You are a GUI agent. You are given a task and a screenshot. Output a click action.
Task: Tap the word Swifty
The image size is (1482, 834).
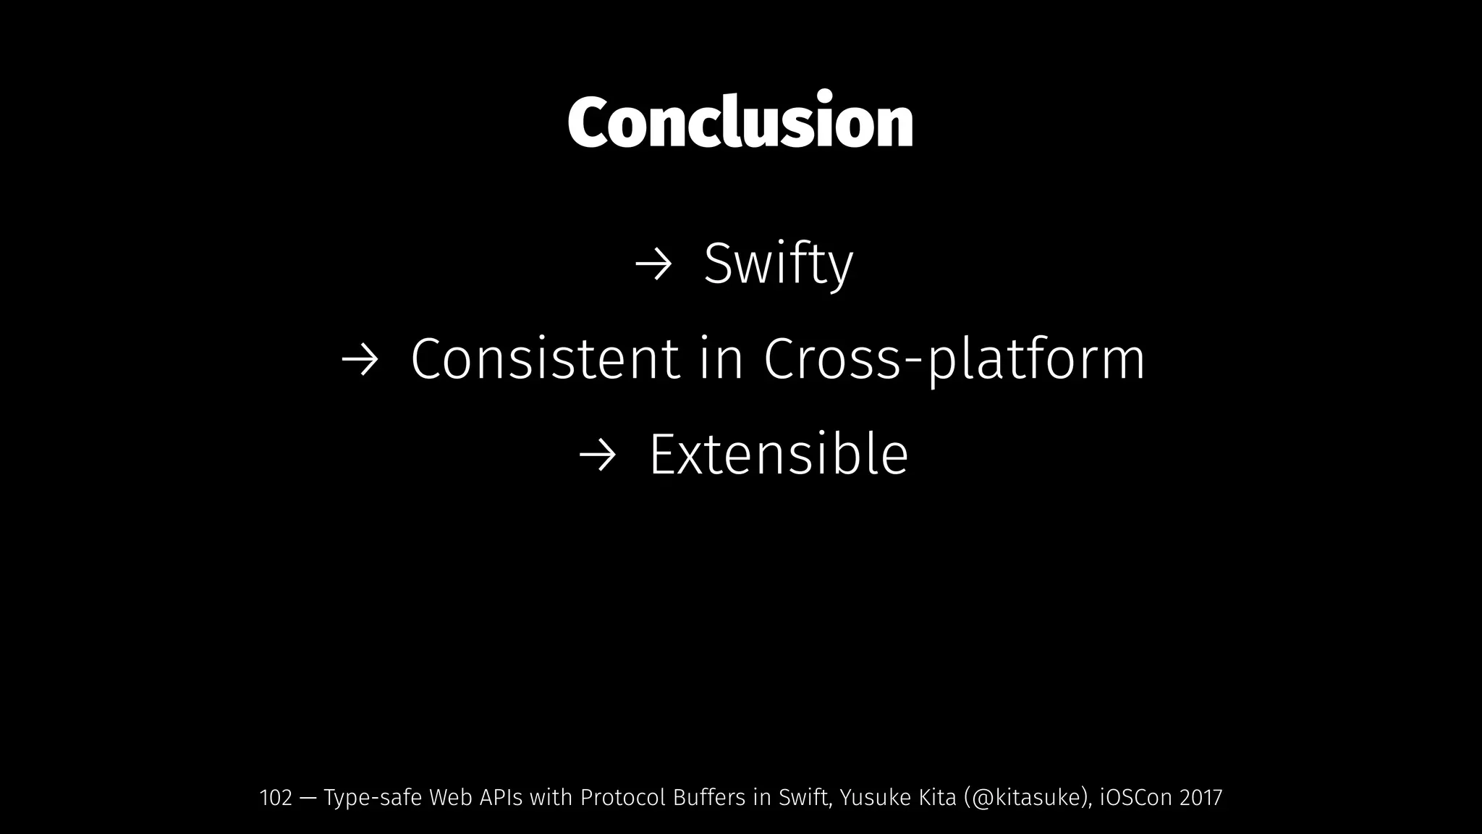778,264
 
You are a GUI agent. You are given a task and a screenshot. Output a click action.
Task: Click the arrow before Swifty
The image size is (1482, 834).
653,266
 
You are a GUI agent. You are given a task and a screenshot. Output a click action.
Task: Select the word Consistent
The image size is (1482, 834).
545,359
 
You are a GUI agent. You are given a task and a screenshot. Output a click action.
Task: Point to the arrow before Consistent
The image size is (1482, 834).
360,361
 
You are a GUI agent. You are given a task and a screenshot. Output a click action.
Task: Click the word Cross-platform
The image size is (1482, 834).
954,359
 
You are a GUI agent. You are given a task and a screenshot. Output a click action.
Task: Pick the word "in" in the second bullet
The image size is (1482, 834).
721,359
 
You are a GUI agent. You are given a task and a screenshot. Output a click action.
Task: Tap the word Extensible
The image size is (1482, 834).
778,455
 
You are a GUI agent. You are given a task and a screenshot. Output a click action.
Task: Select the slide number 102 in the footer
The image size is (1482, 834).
275,798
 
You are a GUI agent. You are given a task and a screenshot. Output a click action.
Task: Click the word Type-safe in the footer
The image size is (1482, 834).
373,798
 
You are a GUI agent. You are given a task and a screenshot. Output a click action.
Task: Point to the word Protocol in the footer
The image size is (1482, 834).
623,798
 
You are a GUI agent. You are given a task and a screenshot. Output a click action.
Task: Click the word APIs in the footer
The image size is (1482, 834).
500,798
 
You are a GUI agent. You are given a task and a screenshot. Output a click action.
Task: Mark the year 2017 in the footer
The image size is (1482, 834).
1201,798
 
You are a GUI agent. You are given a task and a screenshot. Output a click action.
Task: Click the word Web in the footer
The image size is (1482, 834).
449,798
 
